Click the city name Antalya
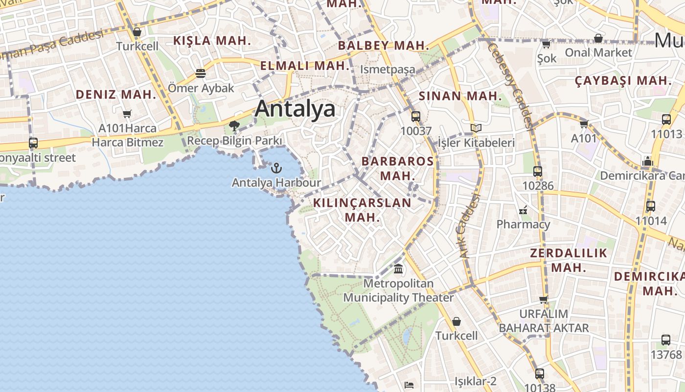click(x=295, y=109)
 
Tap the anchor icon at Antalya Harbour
click(x=276, y=168)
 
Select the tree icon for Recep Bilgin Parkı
click(x=234, y=126)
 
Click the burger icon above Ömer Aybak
click(x=200, y=73)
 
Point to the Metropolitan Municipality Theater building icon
click(x=398, y=269)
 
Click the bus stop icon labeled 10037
click(x=416, y=117)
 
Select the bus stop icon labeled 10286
click(x=538, y=171)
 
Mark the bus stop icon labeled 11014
click(x=651, y=206)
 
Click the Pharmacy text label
click(x=523, y=224)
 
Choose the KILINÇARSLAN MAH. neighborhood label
click(x=362, y=210)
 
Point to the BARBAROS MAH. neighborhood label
click(x=398, y=168)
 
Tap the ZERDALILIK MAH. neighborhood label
click(x=569, y=260)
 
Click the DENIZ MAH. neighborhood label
click(x=115, y=95)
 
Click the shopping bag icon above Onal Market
click(x=598, y=38)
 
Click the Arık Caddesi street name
click(x=468, y=226)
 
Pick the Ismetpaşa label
click(x=388, y=70)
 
